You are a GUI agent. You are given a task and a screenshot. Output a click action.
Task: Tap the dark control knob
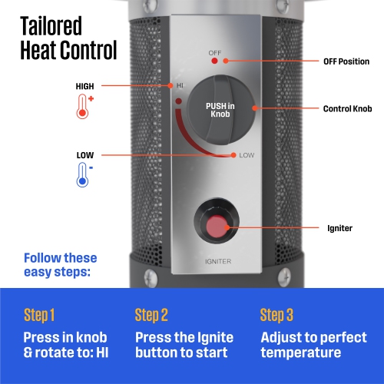coord(221,110)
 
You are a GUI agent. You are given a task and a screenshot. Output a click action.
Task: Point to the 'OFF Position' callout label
coord(346,61)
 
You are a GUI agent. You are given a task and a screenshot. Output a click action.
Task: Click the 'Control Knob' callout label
coord(347,108)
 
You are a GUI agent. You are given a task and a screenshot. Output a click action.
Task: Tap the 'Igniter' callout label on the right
coord(339,228)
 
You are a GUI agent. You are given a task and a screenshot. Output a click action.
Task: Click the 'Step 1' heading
coord(39,315)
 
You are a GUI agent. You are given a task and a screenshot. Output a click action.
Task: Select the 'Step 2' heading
coord(151,315)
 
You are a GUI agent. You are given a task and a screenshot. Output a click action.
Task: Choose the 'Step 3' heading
coord(276,315)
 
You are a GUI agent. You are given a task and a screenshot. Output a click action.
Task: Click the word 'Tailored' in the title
coord(51,25)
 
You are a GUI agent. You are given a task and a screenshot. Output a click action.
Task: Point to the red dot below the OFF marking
coord(214,61)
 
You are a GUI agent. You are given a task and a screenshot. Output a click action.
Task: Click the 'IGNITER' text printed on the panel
coord(218,261)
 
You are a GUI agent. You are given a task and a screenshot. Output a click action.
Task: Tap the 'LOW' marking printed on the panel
coord(247,155)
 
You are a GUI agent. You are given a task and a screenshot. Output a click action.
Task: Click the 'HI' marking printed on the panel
coord(180,85)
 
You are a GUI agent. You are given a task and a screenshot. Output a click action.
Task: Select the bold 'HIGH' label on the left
coord(84,86)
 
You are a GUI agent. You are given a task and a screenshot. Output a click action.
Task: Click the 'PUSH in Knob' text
coord(220,110)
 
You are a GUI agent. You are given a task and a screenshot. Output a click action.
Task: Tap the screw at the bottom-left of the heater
coord(151,277)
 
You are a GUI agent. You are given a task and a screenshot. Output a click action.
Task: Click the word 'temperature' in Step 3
coord(301,353)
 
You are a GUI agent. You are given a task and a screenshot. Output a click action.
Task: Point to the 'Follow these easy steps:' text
coord(61,265)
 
